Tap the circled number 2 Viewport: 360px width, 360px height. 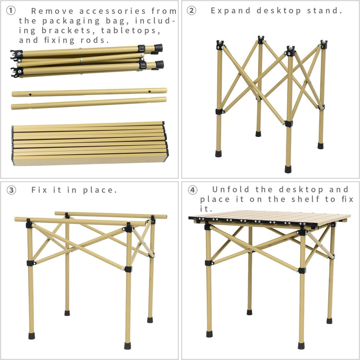pos(191,10)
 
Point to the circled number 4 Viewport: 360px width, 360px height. pos(192,190)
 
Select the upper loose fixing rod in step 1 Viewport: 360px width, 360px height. pos(89,92)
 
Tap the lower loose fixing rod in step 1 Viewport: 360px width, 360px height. pos(89,103)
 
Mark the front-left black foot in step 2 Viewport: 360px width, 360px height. pos(219,153)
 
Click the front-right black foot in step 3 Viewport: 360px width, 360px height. pos(127,346)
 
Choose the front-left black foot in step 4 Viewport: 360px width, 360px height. pos(209,334)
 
